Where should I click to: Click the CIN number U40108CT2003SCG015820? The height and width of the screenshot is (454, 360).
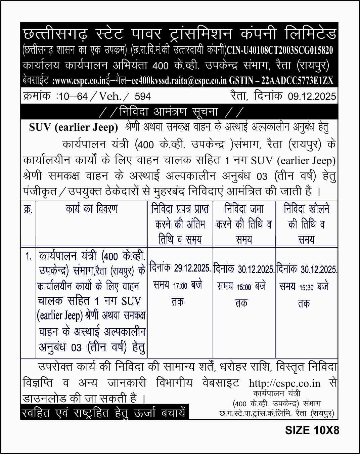pos(280,50)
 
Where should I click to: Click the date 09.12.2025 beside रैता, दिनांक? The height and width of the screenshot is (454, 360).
pos(312,97)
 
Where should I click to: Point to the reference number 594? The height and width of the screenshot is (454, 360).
pos(142,97)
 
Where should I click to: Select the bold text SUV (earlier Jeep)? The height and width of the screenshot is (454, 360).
pos(74,127)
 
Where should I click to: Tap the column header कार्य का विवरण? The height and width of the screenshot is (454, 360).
pos(91,209)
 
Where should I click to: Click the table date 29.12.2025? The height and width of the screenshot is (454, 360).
pos(192,268)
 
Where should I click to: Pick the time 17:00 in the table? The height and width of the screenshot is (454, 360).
pos(180,286)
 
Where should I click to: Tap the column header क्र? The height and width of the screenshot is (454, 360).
pos(28,209)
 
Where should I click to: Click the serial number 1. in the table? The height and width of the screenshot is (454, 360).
pos(29,256)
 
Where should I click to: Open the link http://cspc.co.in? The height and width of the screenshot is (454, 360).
pos(284,383)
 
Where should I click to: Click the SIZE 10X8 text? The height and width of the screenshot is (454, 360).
pos(312,430)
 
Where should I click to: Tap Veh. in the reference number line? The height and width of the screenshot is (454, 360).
pos(110,97)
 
